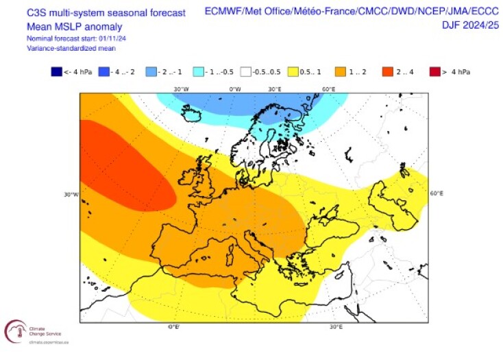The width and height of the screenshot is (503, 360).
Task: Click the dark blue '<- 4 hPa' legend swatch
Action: click(x=56, y=71)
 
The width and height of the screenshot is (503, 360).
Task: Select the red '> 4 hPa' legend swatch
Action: click(x=434, y=71)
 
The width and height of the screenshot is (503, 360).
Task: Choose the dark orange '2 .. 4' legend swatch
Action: click(x=387, y=71)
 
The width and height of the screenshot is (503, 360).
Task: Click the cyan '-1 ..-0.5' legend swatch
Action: click(x=198, y=71)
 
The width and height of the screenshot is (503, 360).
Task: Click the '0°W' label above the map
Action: click(x=234, y=89)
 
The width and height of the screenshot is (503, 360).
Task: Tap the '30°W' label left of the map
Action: click(x=71, y=195)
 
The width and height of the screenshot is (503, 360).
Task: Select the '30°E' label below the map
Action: click(x=336, y=327)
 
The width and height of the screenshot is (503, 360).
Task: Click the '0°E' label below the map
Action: click(x=173, y=327)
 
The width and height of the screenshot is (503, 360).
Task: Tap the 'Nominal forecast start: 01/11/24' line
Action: click(x=76, y=38)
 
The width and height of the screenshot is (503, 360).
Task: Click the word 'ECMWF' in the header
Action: click(x=223, y=12)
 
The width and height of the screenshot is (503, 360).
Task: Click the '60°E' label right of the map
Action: click(x=437, y=194)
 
